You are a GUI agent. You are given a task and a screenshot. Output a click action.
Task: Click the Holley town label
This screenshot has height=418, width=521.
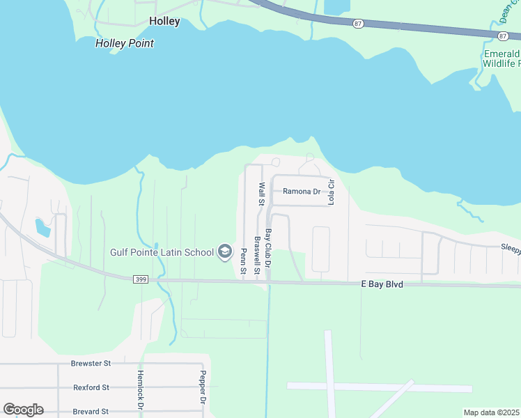click(x=164, y=21)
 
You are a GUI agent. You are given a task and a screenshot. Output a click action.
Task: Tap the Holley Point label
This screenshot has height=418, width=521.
click(x=124, y=43)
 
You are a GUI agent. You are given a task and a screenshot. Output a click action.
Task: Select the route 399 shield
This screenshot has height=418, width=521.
click(x=140, y=279)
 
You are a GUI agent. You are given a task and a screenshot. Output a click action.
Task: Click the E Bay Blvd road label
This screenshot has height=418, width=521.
click(x=382, y=284)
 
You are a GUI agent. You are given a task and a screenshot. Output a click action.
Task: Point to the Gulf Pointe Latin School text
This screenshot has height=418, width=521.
click(x=162, y=252)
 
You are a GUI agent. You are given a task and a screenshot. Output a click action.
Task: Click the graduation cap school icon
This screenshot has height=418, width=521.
click(x=225, y=251)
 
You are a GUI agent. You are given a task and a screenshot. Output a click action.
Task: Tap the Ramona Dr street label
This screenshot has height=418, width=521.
click(x=301, y=192)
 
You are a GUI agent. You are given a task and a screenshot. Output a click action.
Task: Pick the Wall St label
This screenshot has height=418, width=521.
click(x=262, y=194)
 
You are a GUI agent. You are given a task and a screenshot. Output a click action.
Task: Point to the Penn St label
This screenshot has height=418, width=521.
click(x=244, y=262)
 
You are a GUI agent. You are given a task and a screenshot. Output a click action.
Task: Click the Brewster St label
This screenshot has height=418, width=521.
click(x=91, y=364)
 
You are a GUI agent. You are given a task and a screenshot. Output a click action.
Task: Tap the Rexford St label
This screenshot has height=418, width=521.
click(x=91, y=387)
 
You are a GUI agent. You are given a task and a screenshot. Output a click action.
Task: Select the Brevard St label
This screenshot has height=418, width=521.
click(x=91, y=412)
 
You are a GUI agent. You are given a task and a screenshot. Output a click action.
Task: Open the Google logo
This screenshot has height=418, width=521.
click(x=23, y=410)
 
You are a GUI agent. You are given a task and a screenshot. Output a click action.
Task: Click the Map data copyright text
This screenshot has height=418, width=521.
click(x=491, y=412)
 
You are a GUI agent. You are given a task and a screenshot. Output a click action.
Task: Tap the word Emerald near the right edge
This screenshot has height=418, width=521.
click(x=502, y=54)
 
